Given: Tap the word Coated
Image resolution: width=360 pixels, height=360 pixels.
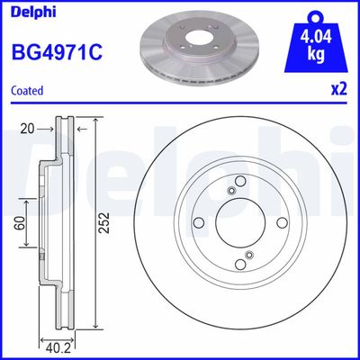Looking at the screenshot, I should [28, 90].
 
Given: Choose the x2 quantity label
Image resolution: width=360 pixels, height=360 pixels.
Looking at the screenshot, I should [337, 90].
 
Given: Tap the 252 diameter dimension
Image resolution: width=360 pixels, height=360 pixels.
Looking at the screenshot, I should [104, 220].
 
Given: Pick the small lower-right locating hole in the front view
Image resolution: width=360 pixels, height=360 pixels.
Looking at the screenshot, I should [244, 260].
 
